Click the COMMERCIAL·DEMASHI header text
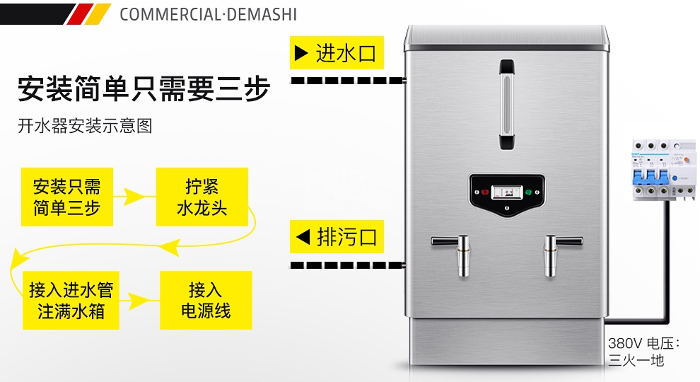pos(208,14)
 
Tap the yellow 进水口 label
pos(337,53)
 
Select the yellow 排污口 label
pos(337,237)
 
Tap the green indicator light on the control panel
pos(529,192)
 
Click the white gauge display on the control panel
pos(507,192)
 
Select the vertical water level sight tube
pos(507,105)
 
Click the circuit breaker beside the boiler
pos(664,169)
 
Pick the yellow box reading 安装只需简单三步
pos(67,197)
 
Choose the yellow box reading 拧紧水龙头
pos(202,197)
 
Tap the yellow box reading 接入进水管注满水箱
pos(71,300)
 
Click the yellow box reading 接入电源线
pos(206,300)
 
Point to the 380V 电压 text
pos(643,344)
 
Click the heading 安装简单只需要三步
pos(144,88)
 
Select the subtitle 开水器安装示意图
pos(86,126)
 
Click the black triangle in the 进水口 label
pos(301,53)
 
